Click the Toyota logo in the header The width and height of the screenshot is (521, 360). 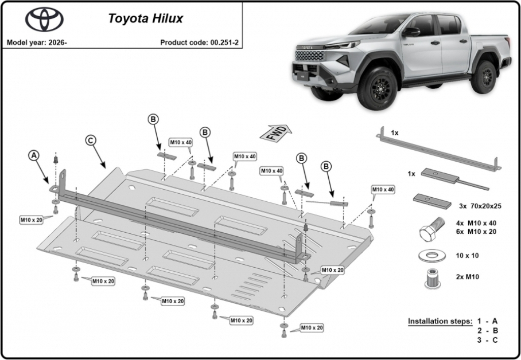click(x=45, y=19)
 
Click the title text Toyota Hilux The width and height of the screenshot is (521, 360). click(x=146, y=18)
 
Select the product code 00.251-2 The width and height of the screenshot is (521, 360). click(x=224, y=43)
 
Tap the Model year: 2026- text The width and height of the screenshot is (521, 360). click(x=37, y=43)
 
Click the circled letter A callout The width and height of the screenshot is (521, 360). click(x=34, y=156)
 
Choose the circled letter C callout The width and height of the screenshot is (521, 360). click(x=91, y=140)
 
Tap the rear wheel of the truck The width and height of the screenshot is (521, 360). click(x=484, y=78)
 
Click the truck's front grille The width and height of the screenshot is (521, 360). click(x=309, y=55)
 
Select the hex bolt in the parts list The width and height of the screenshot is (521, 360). click(x=432, y=230)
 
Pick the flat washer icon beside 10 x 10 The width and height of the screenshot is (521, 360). click(x=431, y=256)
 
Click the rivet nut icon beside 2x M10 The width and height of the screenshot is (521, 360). click(x=431, y=278)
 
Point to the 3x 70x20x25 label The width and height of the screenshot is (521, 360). click(x=480, y=206)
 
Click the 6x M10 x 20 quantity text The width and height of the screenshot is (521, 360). click(x=476, y=232)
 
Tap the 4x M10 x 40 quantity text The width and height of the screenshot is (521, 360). click(x=476, y=223)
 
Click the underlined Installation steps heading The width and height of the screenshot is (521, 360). click(x=440, y=321)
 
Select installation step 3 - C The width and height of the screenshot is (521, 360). click(x=488, y=340)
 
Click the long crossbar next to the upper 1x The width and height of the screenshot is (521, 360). click(x=439, y=149)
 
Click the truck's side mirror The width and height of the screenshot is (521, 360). click(x=411, y=32)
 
